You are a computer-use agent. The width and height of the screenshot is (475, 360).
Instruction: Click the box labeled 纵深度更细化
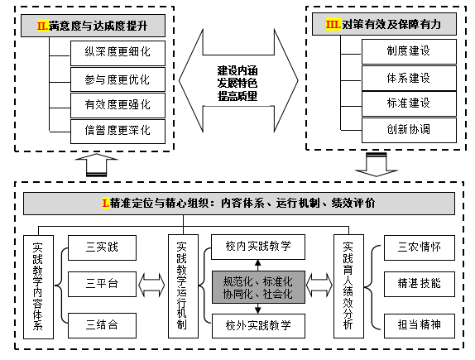point(118,53)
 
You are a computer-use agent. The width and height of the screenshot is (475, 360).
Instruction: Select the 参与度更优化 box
point(118,79)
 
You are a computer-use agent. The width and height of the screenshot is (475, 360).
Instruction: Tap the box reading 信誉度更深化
point(118,132)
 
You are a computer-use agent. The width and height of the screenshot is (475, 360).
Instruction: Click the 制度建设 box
point(409,51)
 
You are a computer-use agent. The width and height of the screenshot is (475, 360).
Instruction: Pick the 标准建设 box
point(409,103)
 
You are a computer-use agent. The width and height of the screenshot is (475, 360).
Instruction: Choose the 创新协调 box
point(409,130)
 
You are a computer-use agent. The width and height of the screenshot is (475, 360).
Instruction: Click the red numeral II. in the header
point(43,26)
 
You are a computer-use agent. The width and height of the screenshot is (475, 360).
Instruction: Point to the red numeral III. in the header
point(333,24)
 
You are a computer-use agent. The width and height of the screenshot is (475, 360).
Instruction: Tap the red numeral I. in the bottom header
point(106,203)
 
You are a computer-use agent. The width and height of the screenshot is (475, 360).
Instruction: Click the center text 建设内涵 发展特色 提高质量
point(237,84)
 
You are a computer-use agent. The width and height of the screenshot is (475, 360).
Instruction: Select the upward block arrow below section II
point(96,165)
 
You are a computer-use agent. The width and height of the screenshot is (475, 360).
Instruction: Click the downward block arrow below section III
point(377,165)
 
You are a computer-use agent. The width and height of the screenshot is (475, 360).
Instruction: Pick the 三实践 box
point(102,247)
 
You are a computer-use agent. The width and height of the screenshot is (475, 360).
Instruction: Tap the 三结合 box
point(102,325)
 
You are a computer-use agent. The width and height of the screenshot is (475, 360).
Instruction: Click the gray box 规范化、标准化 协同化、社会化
point(258,287)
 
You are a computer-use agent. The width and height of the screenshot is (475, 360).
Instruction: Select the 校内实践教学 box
point(258,247)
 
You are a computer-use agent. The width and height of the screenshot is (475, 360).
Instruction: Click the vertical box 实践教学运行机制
point(183,286)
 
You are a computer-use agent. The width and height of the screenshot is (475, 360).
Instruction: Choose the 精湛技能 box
point(420,284)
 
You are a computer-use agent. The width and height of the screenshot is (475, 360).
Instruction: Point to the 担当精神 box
point(420,325)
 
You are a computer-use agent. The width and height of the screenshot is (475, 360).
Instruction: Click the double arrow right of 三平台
point(151,285)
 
